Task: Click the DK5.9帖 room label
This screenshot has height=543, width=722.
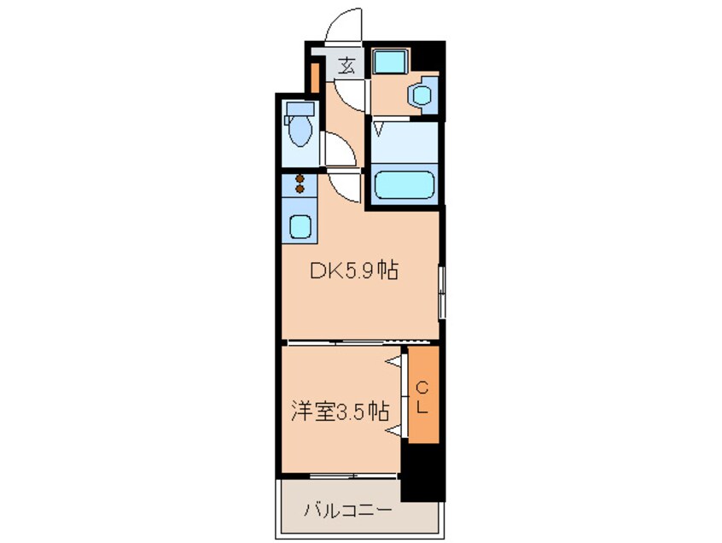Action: point(353,271)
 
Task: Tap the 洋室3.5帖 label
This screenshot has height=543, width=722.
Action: point(340,412)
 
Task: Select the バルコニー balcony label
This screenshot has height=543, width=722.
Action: point(347,511)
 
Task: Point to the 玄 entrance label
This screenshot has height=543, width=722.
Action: point(347,66)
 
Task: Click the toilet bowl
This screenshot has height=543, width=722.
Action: point(300,131)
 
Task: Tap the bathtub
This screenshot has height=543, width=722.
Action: point(404,185)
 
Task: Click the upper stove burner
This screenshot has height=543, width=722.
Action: point(300,178)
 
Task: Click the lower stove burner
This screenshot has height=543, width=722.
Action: point(300,189)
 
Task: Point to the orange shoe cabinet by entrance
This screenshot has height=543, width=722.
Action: point(315,78)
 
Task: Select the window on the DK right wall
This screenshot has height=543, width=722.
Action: point(441,292)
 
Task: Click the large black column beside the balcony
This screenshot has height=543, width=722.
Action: point(422,472)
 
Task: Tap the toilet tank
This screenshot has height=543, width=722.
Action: point(300,109)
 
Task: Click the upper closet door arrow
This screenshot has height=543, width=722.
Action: point(393,362)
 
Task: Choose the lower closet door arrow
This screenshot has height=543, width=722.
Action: point(393,430)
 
